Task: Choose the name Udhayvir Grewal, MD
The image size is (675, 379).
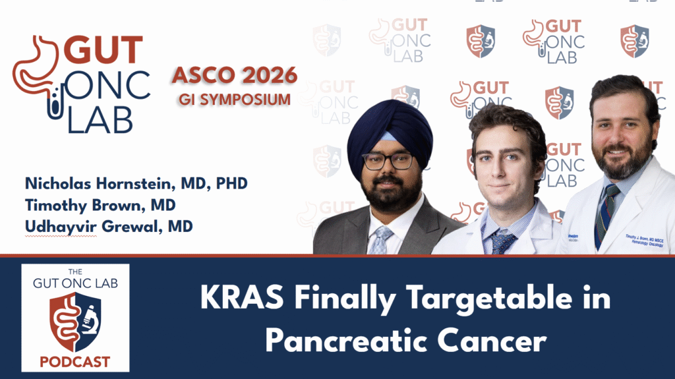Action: [109, 227]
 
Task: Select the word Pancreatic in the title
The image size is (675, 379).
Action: [332, 341]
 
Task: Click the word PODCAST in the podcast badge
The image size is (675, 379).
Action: [75, 362]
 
